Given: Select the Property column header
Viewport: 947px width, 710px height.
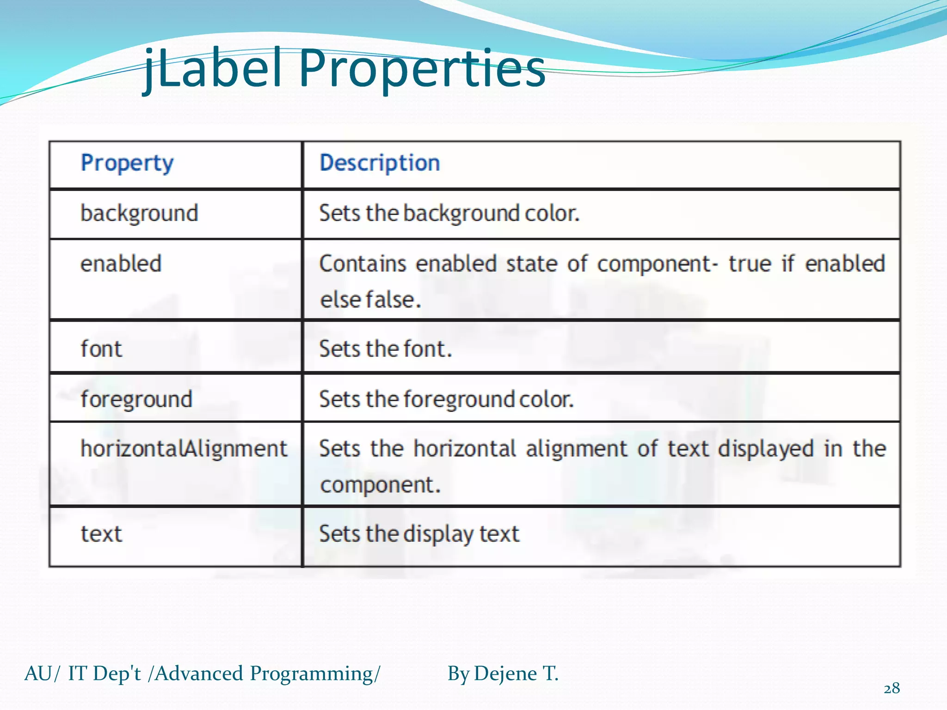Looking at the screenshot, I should [x=127, y=163].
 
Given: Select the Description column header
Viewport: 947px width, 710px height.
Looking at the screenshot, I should [x=380, y=163].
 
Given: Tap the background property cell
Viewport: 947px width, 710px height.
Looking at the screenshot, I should [x=139, y=213].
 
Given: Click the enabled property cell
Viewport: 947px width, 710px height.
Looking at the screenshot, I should [x=121, y=263].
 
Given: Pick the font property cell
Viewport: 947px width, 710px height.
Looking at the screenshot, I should [x=101, y=349].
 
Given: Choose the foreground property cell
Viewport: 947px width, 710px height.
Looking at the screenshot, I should [x=136, y=399].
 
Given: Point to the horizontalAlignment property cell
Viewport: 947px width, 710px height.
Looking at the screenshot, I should [x=184, y=449].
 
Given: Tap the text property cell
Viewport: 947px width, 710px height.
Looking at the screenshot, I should [x=101, y=534].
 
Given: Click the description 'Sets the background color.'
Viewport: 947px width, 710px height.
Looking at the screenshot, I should [x=449, y=213].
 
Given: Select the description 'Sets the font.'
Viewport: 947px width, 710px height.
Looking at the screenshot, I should [x=385, y=349].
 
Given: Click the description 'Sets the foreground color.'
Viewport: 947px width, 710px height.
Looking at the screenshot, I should [x=446, y=399].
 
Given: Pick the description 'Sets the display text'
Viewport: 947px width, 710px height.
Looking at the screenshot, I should [x=419, y=534].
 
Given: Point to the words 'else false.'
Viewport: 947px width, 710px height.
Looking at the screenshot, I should [x=370, y=300].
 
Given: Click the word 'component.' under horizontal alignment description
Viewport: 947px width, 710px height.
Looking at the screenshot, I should [x=380, y=485].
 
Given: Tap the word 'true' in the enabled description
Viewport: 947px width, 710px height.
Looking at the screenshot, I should [x=750, y=263].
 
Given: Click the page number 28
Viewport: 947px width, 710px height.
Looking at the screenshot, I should [x=892, y=688].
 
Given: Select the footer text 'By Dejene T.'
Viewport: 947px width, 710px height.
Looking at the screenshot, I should [x=503, y=673].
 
